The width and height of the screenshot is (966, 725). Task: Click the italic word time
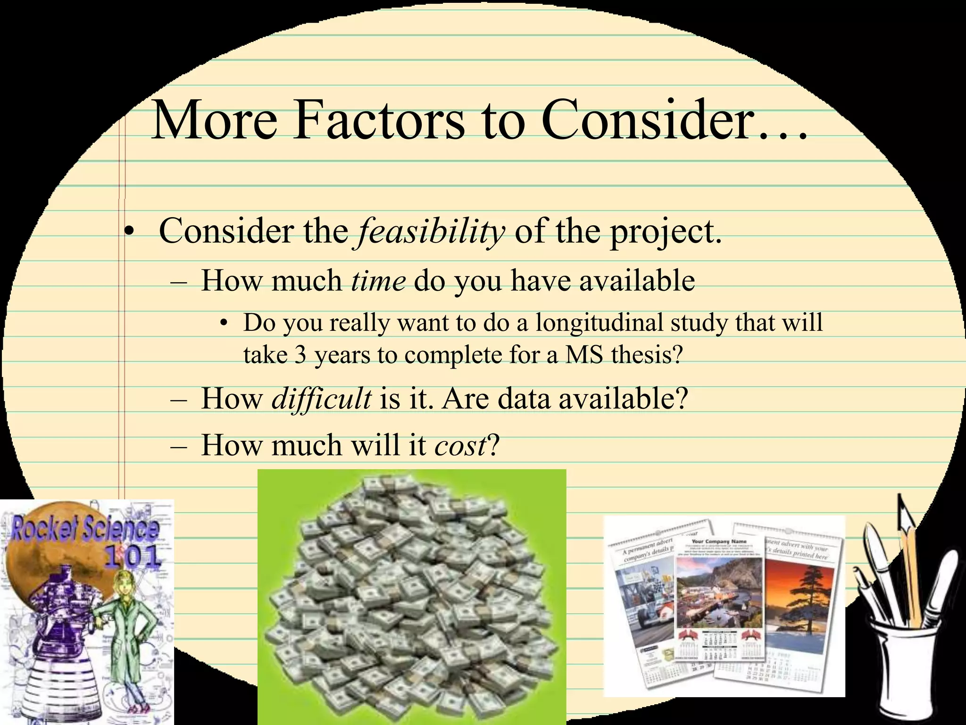pyautogui.click(x=378, y=281)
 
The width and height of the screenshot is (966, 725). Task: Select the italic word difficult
pyautogui.click(x=321, y=399)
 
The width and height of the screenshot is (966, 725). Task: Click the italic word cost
pyautogui.click(x=460, y=445)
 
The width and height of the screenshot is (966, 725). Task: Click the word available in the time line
pyautogui.click(x=637, y=281)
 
